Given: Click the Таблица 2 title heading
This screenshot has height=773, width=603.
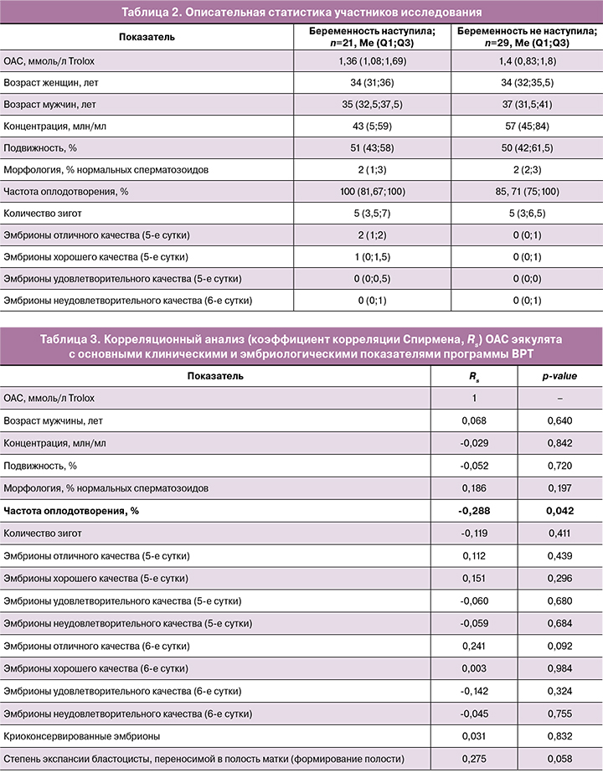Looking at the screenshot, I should tap(301, 13).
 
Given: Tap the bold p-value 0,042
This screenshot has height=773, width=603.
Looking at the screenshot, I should tap(558, 510).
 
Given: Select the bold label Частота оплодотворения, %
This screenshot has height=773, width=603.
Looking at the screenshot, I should tap(64, 510).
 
